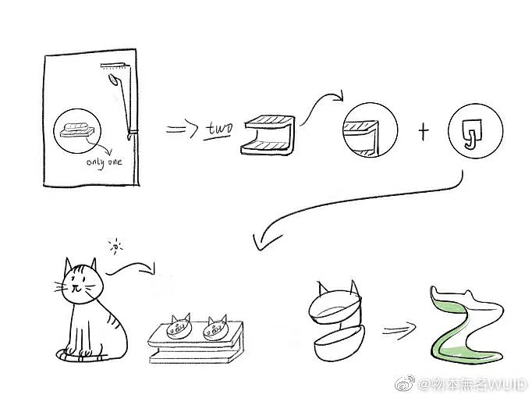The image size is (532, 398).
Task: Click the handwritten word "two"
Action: tap(219, 130)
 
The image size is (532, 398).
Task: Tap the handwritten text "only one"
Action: tap(104, 162)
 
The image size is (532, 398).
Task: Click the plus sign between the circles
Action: tap(423, 131)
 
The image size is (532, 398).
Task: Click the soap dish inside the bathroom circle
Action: tap(77, 130)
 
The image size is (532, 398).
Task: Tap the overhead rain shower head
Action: tap(114, 66)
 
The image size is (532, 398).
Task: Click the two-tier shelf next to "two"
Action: tap(268, 135)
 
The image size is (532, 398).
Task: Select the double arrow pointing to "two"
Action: tap(182, 130)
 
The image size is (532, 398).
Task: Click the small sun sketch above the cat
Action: tap(116, 247)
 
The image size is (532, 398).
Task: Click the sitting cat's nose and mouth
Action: tap(76, 289)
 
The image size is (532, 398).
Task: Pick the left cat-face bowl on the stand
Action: tap(179, 326)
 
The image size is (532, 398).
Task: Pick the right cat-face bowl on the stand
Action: tap(215, 329)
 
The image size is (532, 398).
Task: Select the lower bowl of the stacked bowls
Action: tap(339, 343)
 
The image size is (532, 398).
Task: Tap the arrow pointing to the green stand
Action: tap(399, 329)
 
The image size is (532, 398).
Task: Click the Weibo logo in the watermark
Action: tap(405, 384)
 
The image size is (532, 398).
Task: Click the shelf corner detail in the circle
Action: tap(371, 130)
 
